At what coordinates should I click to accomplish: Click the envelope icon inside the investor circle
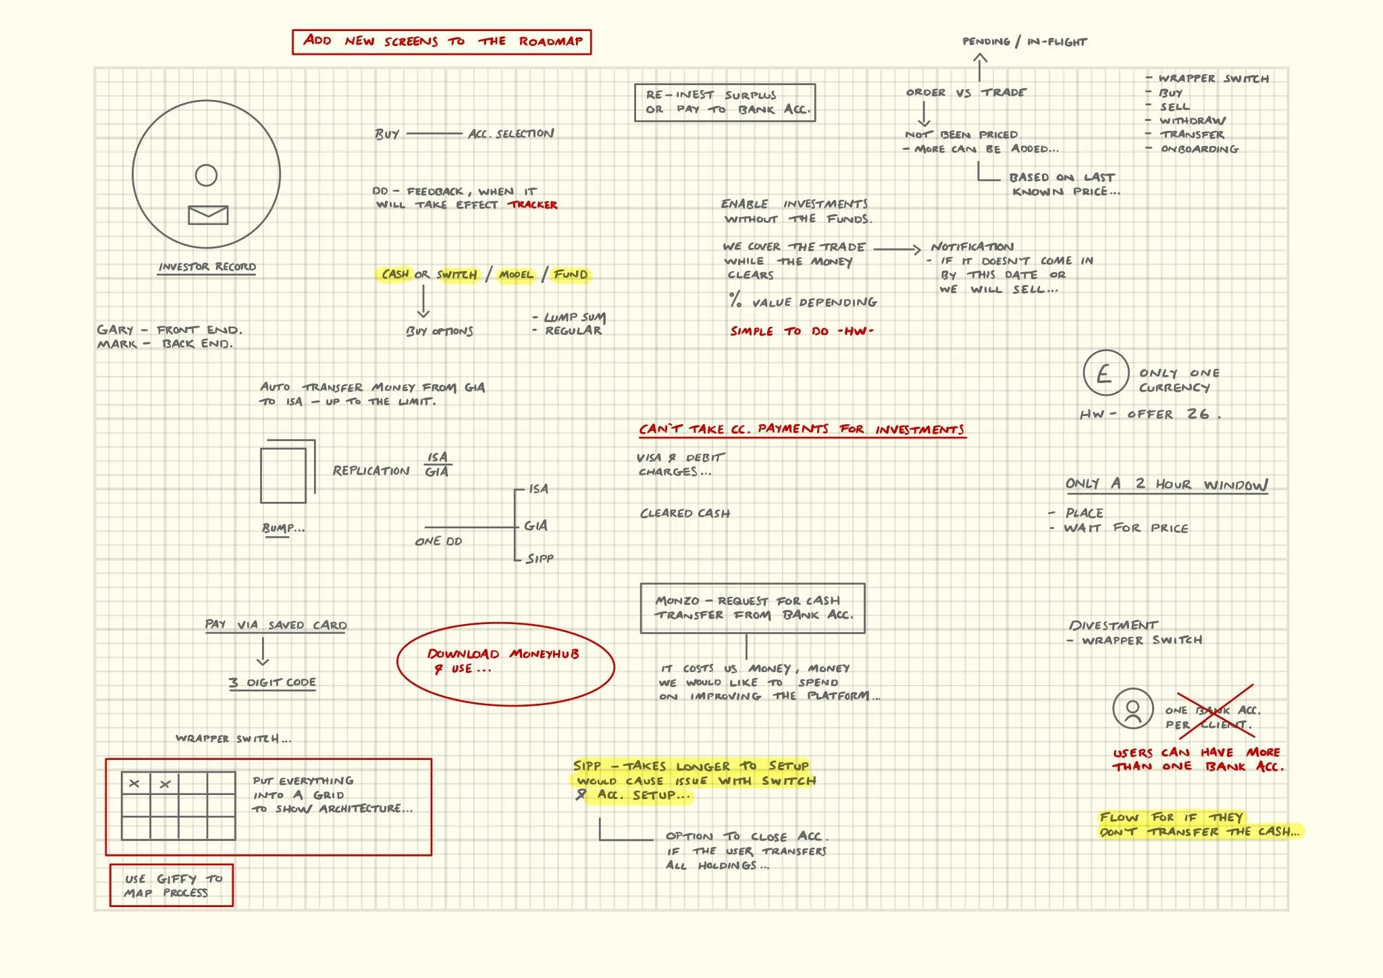point(207,215)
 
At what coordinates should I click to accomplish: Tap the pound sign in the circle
point(1105,373)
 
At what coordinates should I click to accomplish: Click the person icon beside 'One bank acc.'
point(1132,709)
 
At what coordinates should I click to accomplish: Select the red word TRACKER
point(533,205)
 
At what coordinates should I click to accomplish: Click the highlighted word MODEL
point(516,275)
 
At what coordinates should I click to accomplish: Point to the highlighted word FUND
point(571,274)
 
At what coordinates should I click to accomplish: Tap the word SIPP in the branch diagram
point(540,559)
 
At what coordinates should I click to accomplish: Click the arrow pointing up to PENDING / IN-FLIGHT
point(980,67)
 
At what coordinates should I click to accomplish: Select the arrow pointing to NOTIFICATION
point(897,249)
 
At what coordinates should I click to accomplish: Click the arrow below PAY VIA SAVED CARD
point(263,652)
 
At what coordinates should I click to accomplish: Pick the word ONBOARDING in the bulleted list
point(1199,149)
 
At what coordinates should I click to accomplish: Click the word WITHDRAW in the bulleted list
point(1193,121)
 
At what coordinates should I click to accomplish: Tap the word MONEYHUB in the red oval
point(544,654)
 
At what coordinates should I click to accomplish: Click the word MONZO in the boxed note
point(677,600)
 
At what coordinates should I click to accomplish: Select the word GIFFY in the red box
point(176,879)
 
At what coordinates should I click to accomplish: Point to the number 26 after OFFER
point(1198,413)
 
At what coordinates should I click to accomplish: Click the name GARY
point(115,330)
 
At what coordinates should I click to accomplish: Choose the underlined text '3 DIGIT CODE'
point(272,682)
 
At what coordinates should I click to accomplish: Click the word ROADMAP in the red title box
point(550,41)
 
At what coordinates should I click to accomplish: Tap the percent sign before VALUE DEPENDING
point(735,300)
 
